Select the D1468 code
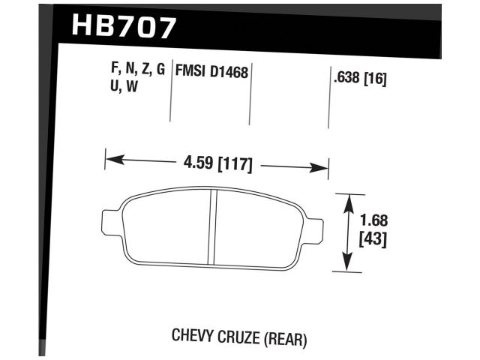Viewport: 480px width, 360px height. click(229, 73)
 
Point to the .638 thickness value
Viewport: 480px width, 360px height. click(345, 76)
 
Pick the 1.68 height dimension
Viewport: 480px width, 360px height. click(373, 221)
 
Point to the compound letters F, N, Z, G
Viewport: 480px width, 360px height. click(139, 70)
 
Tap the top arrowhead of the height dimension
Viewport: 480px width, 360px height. click(348, 199)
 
